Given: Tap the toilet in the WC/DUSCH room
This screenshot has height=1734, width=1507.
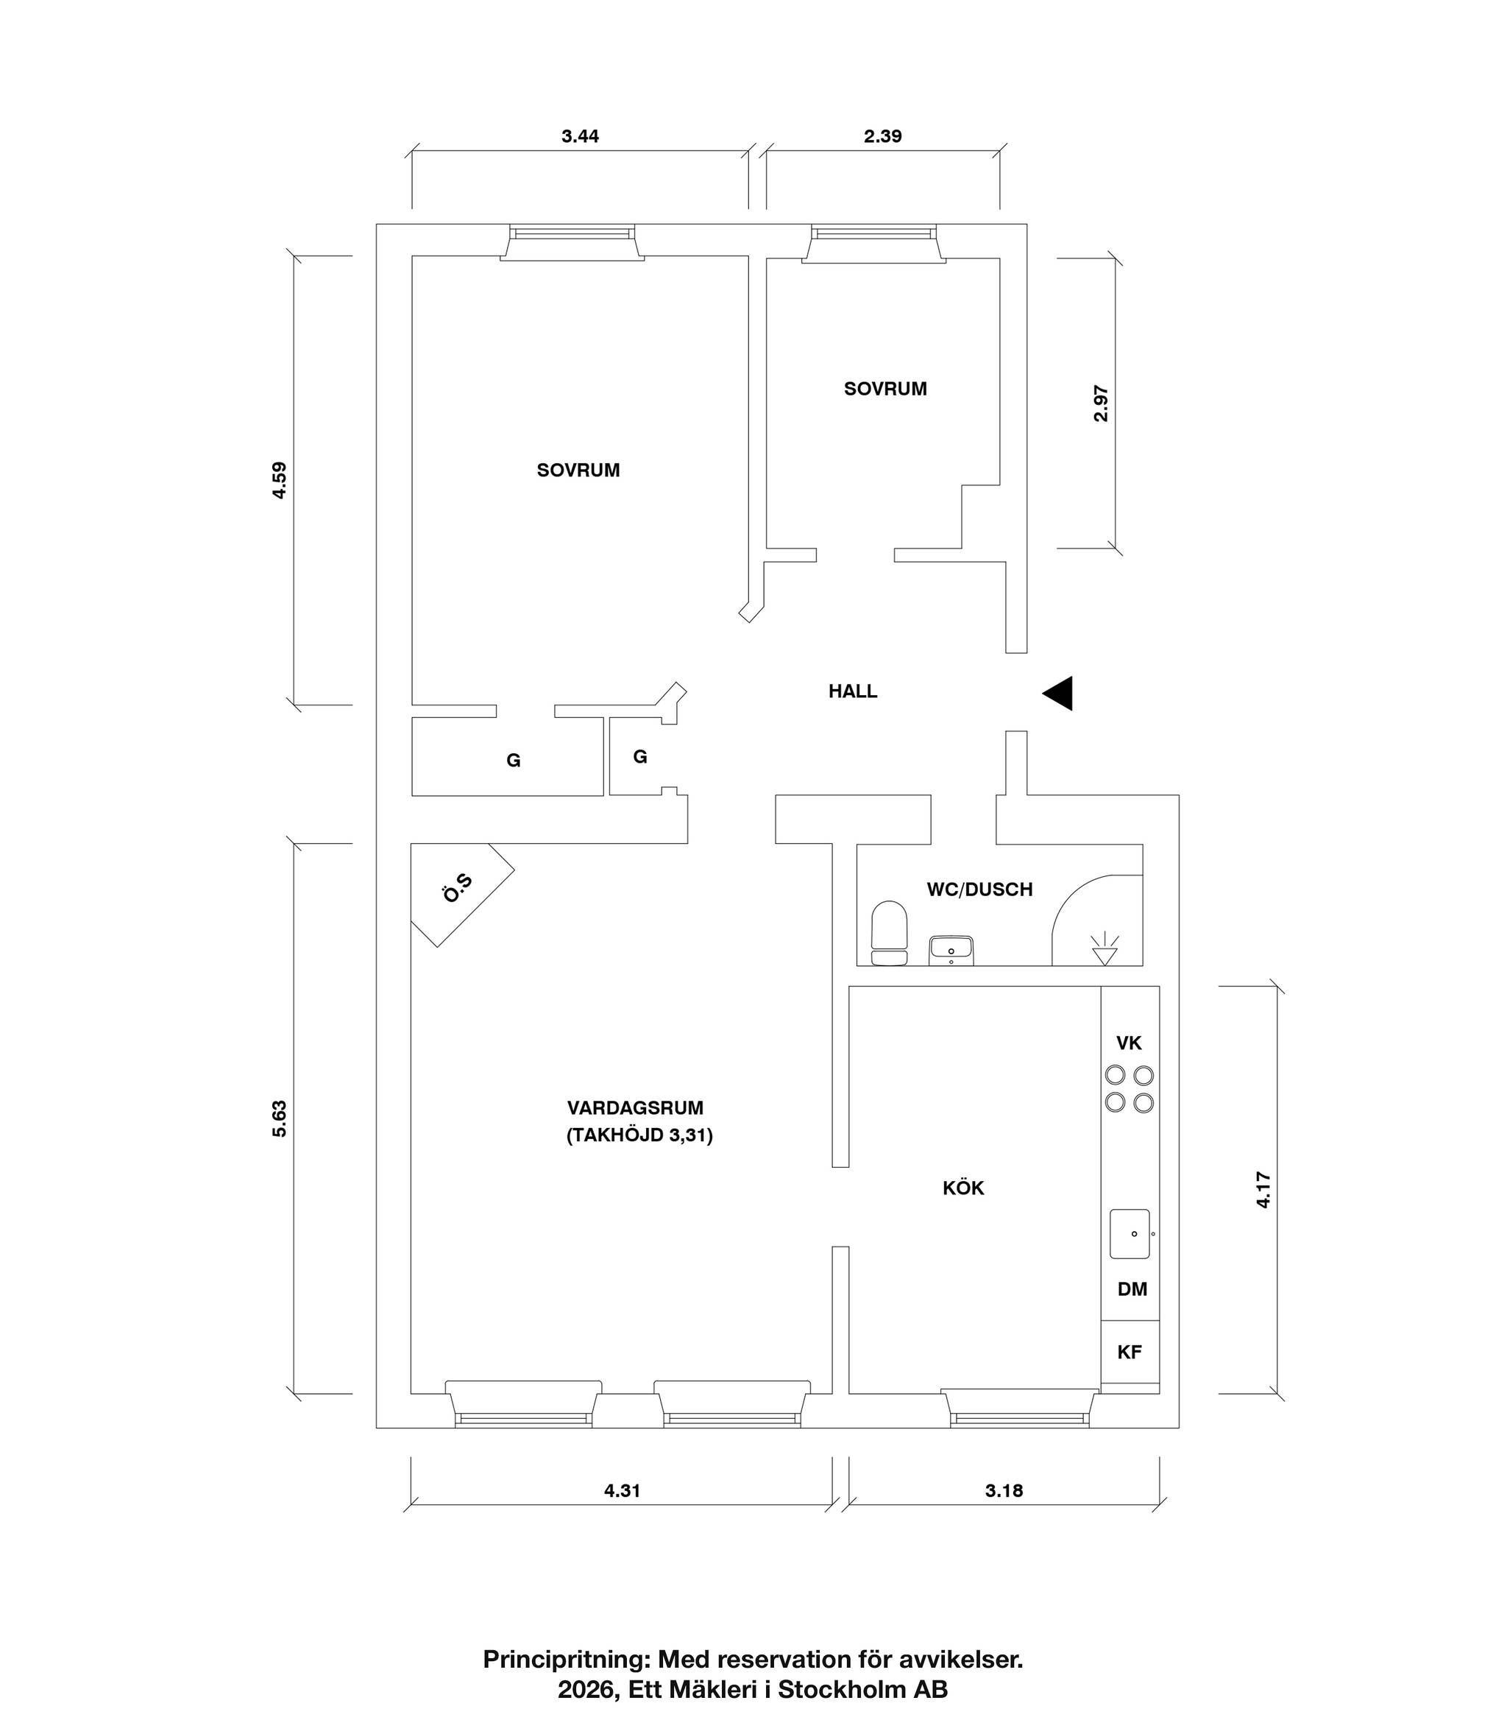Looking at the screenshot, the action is [x=889, y=933].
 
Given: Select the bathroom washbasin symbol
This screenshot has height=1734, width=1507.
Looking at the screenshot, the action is [x=951, y=951].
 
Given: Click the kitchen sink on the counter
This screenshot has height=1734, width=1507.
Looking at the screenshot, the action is [x=1130, y=1233].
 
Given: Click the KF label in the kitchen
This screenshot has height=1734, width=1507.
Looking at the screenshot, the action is [x=1130, y=1352].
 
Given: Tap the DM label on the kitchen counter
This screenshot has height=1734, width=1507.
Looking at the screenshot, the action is [x=1132, y=1289].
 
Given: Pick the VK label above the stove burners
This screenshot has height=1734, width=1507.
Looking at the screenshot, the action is [x=1129, y=1043].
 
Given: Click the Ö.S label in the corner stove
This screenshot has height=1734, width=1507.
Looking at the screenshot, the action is [x=458, y=889].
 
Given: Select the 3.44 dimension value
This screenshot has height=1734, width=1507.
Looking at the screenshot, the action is [x=581, y=136].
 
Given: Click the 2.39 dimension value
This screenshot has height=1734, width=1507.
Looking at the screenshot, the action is [x=883, y=136].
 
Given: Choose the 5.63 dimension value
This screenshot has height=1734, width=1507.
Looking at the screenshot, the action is [x=279, y=1119].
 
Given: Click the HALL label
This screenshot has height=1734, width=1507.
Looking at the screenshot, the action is [x=853, y=691].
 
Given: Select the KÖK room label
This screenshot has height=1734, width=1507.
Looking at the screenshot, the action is [x=963, y=1188].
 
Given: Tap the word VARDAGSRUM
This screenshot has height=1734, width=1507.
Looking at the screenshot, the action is [x=635, y=1108].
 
